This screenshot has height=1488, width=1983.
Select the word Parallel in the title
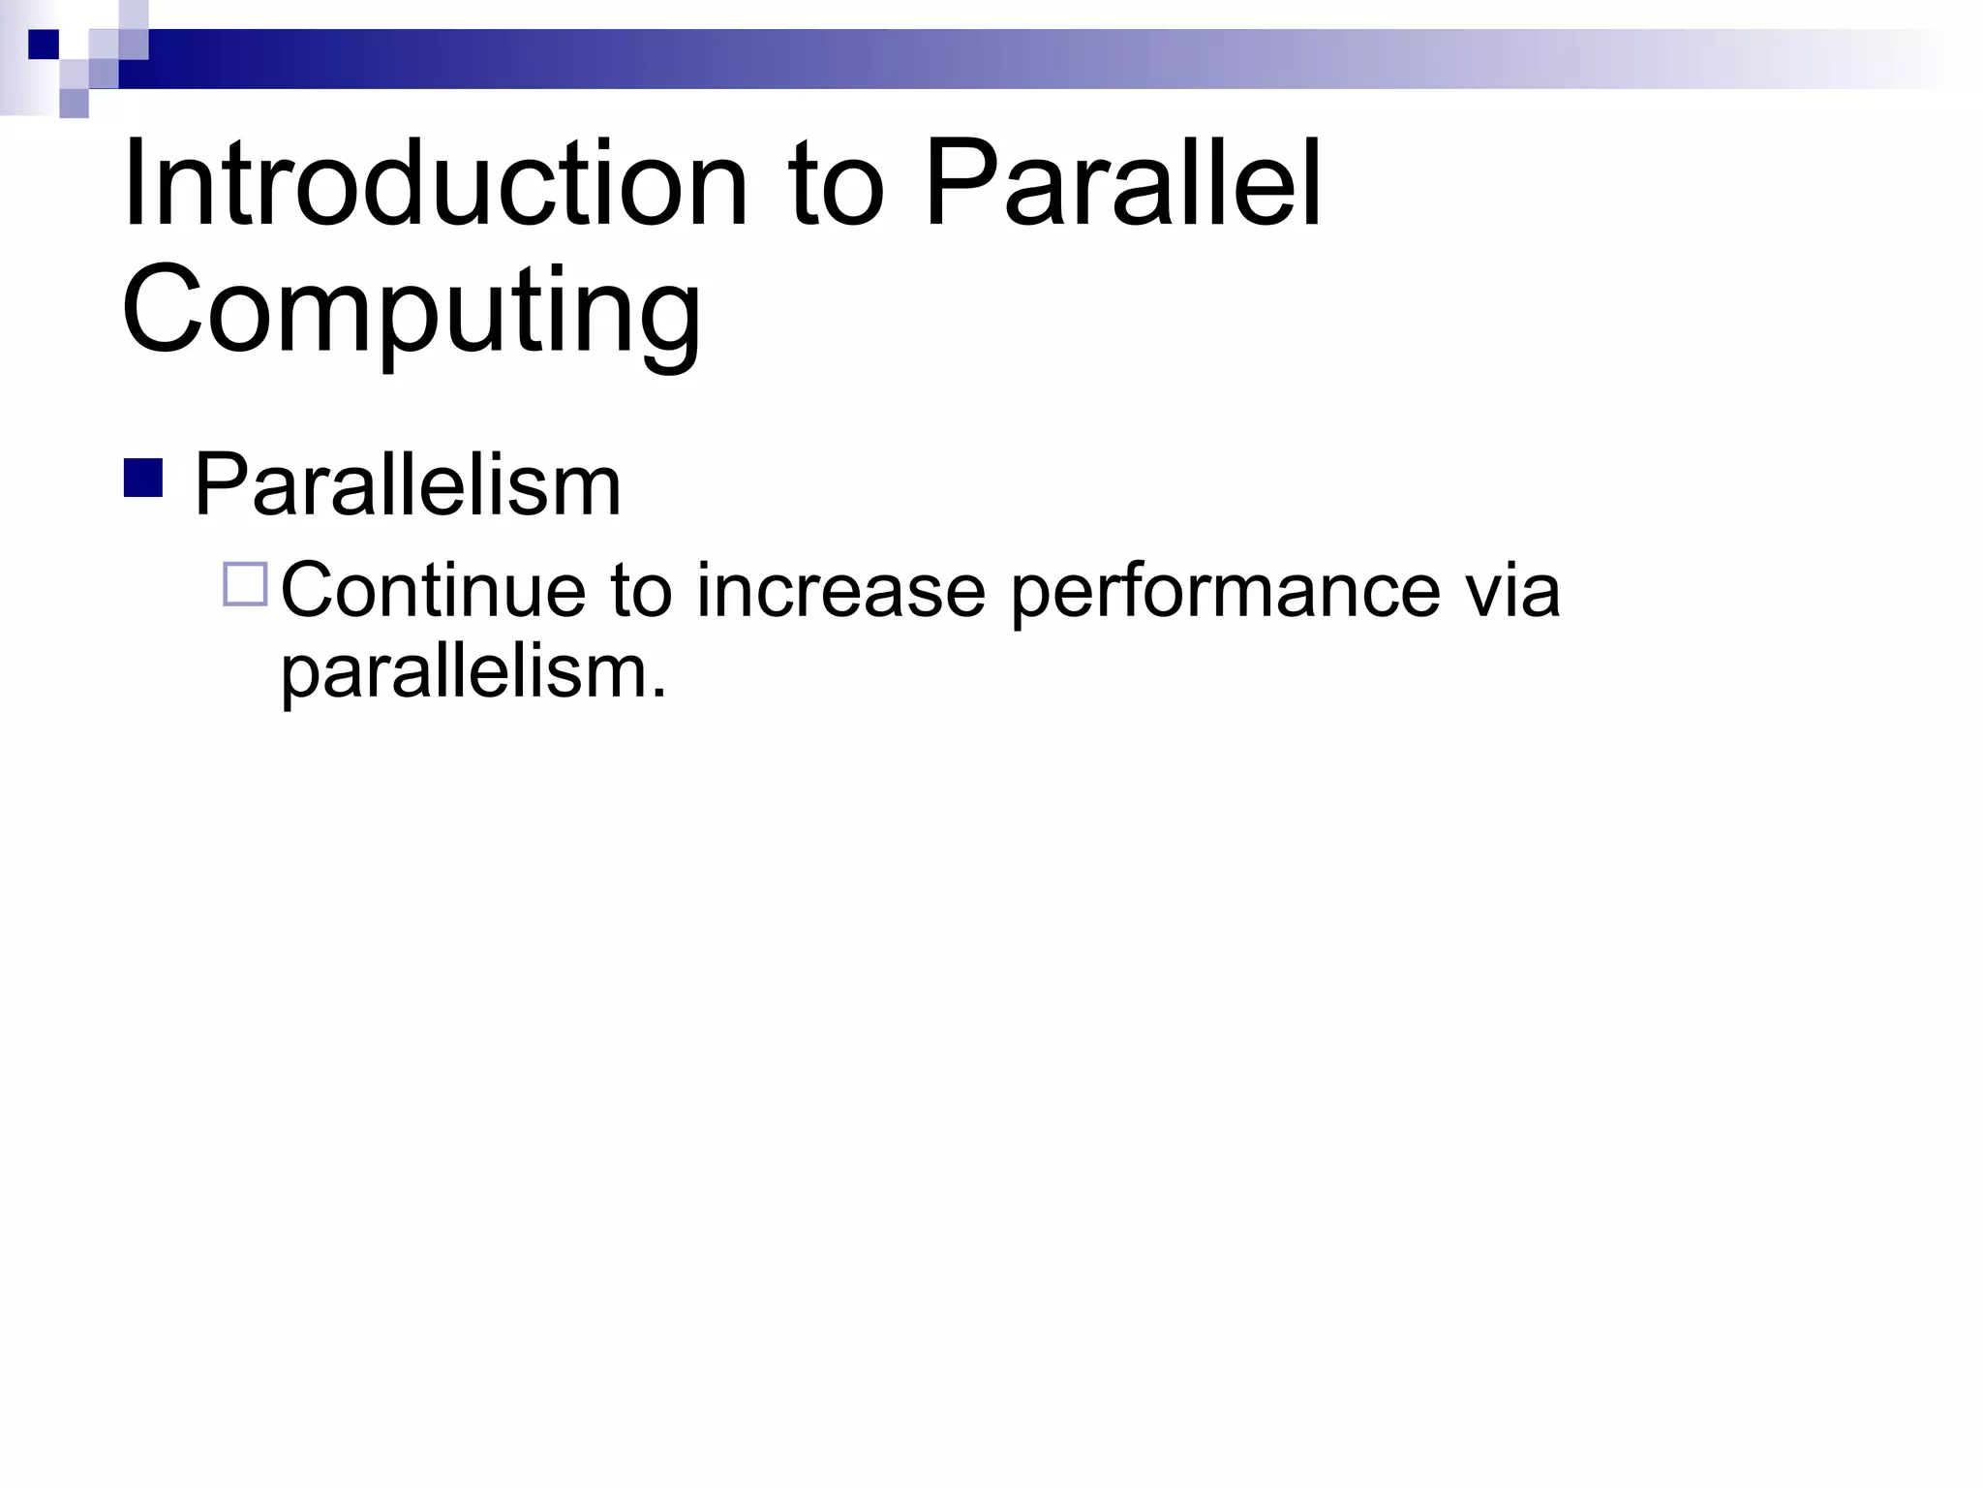pyautogui.click(x=1123, y=184)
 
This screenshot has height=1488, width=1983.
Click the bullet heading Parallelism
pyautogui.click(x=407, y=485)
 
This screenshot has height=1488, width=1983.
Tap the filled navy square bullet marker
pyautogui.click(x=143, y=479)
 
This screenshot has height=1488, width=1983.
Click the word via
pyautogui.click(x=1511, y=590)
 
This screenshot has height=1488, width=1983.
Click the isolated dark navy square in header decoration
pyautogui.click(x=44, y=45)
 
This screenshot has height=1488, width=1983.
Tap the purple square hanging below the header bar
pyautogui.click(x=74, y=103)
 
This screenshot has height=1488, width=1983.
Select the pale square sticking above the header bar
pyautogui.click(x=134, y=15)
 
